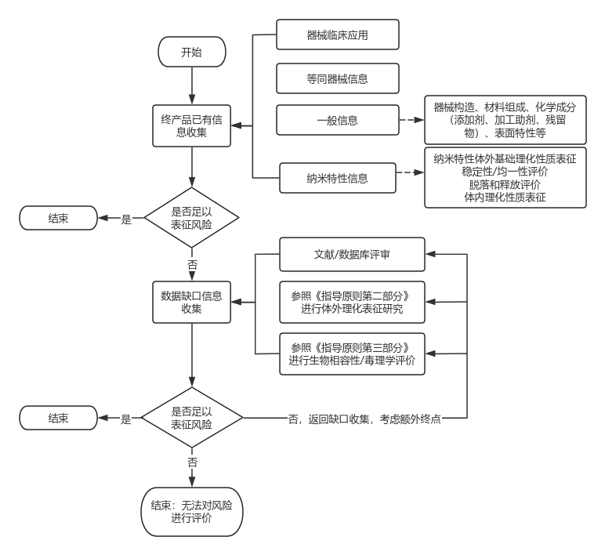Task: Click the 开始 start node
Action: tap(192, 53)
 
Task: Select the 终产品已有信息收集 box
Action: tap(192, 125)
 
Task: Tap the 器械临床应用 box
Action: tap(338, 35)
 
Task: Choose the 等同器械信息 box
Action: tap(338, 78)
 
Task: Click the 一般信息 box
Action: tap(338, 120)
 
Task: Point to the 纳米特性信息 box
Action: tap(338, 178)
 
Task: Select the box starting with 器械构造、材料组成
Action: tap(505, 120)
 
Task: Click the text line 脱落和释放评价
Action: tap(505, 184)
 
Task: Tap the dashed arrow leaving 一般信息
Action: tap(411, 120)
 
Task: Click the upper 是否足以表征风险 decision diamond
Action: tap(192, 219)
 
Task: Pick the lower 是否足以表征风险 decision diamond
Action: tap(192, 419)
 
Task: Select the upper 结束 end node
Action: tap(59, 219)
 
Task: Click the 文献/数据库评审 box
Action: tap(352, 255)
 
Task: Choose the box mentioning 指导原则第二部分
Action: tap(352, 302)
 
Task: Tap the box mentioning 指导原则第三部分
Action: tap(352, 354)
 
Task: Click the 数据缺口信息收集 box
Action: tap(192, 302)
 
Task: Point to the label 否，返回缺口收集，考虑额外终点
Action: tap(365, 419)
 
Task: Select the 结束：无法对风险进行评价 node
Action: tap(192, 512)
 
